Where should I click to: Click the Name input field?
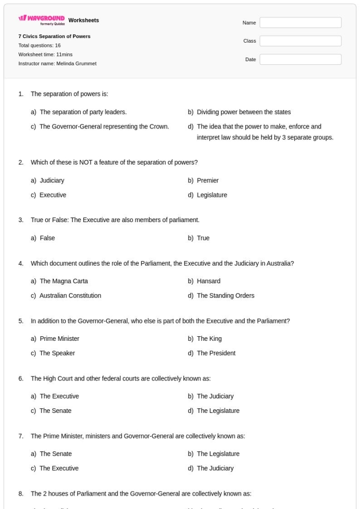click(300, 23)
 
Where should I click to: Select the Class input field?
click(300, 41)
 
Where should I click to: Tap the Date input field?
click(300, 60)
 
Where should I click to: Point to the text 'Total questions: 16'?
click(40, 45)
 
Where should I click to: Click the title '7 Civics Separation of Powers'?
click(55, 37)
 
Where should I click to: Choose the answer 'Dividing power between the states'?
click(243, 112)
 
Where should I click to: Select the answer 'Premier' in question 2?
click(207, 180)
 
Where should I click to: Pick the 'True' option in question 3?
click(203, 238)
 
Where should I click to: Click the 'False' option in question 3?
click(47, 238)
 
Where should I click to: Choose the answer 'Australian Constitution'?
click(70, 296)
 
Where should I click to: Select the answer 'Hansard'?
click(208, 281)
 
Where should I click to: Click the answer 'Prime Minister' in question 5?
click(59, 339)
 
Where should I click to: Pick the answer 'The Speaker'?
click(55, 353)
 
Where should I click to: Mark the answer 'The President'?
click(216, 353)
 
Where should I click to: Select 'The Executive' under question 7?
click(59, 468)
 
